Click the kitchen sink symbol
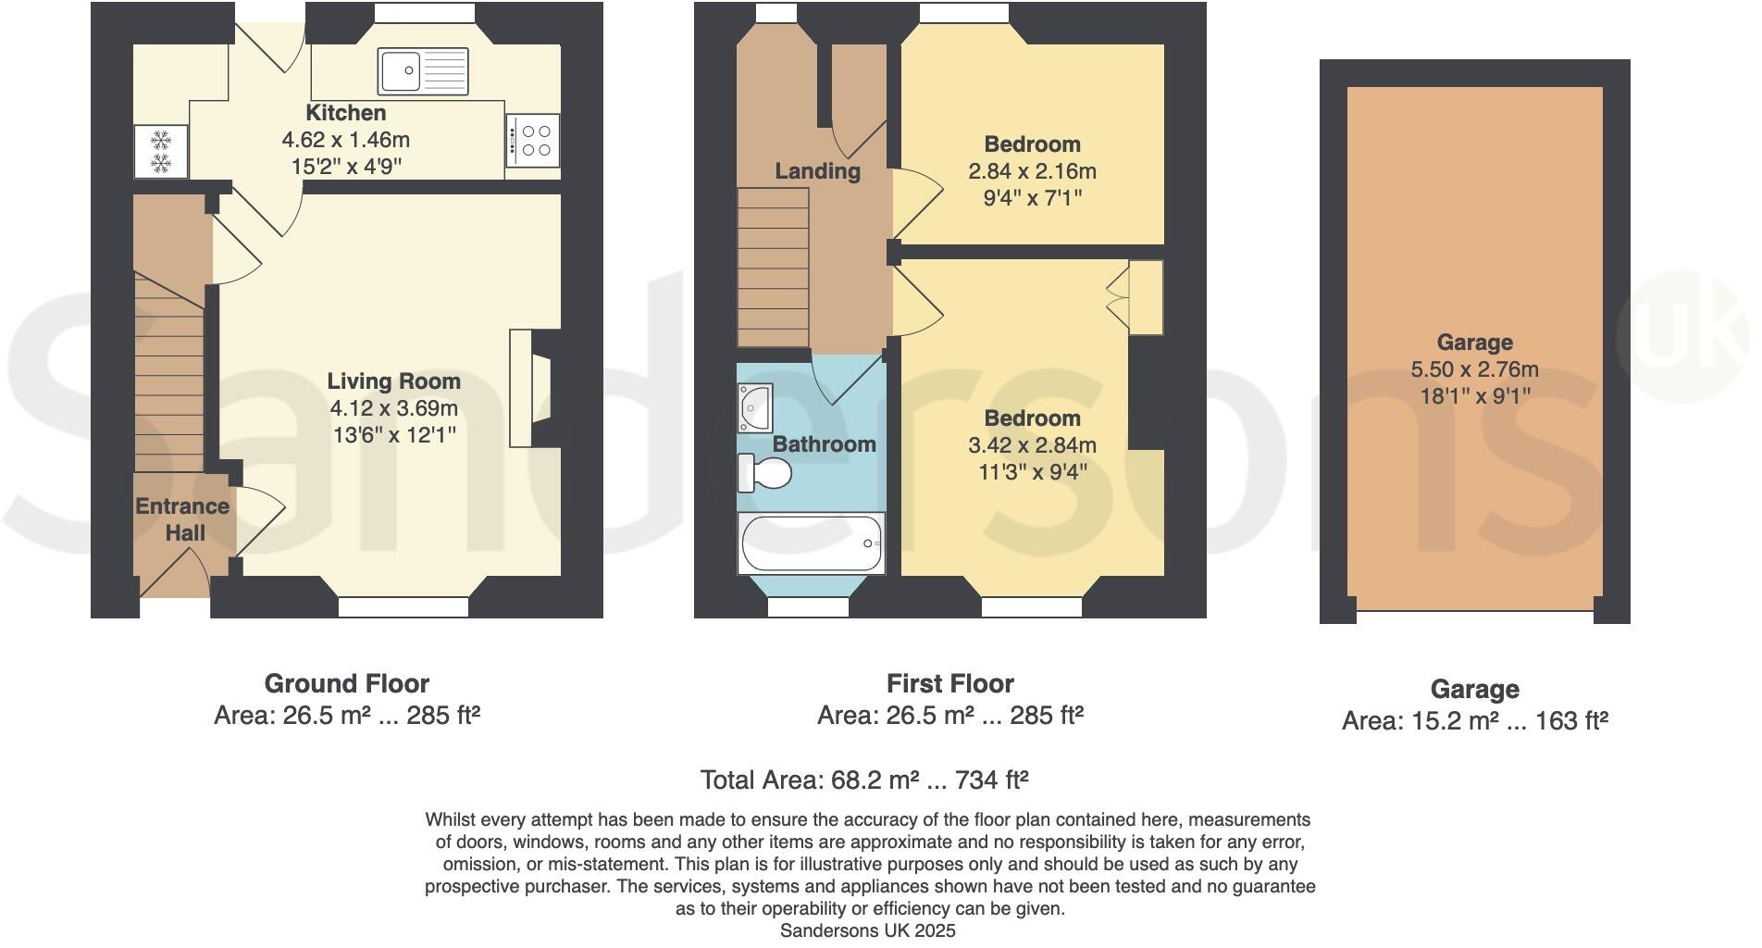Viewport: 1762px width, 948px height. [x=424, y=71]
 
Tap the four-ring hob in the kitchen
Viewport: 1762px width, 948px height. [x=533, y=141]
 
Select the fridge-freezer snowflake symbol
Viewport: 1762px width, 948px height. [x=161, y=152]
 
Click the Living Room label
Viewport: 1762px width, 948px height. [x=393, y=381]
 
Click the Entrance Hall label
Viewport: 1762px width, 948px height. [x=182, y=519]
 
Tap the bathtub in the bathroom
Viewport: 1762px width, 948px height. [x=812, y=543]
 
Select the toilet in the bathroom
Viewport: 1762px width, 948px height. [x=765, y=474]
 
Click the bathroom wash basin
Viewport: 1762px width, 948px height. [x=755, y=408]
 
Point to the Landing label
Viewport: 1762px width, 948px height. [x=817, y=171]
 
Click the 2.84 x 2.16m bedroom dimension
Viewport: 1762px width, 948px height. [x=1032, y=171]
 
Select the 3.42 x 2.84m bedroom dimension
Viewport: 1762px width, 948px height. [x=1032, y=445]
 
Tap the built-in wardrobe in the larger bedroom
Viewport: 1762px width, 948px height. [x=1146, y=297]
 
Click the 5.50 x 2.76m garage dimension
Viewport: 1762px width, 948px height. [x=1474, y=369]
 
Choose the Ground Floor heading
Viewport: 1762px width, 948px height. [x=347, y=684]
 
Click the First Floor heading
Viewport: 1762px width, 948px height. [x=950, y=684]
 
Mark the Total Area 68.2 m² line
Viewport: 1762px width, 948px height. [x=864, y=780]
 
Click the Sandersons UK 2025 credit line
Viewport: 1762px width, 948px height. [x=867, y=930]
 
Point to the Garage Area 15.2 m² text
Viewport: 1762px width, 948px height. [x=1474, y=721]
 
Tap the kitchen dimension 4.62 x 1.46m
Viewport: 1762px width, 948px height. [x=345, y=140]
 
